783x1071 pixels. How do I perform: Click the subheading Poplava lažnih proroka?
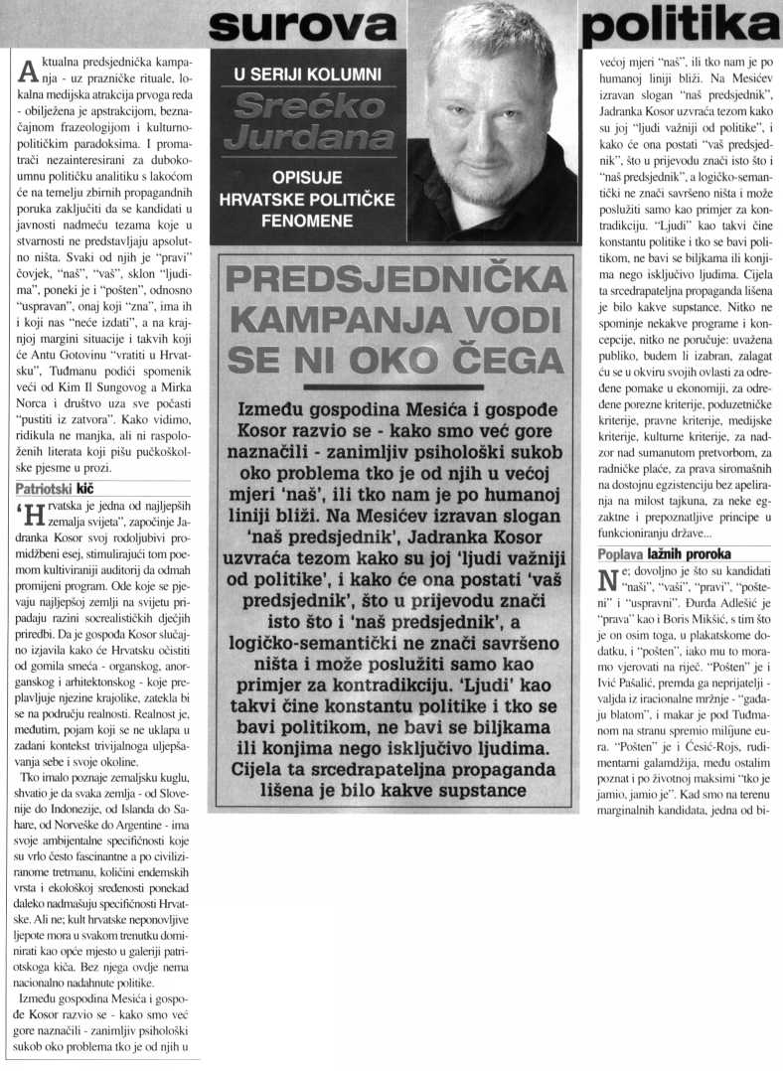(664, 553)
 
